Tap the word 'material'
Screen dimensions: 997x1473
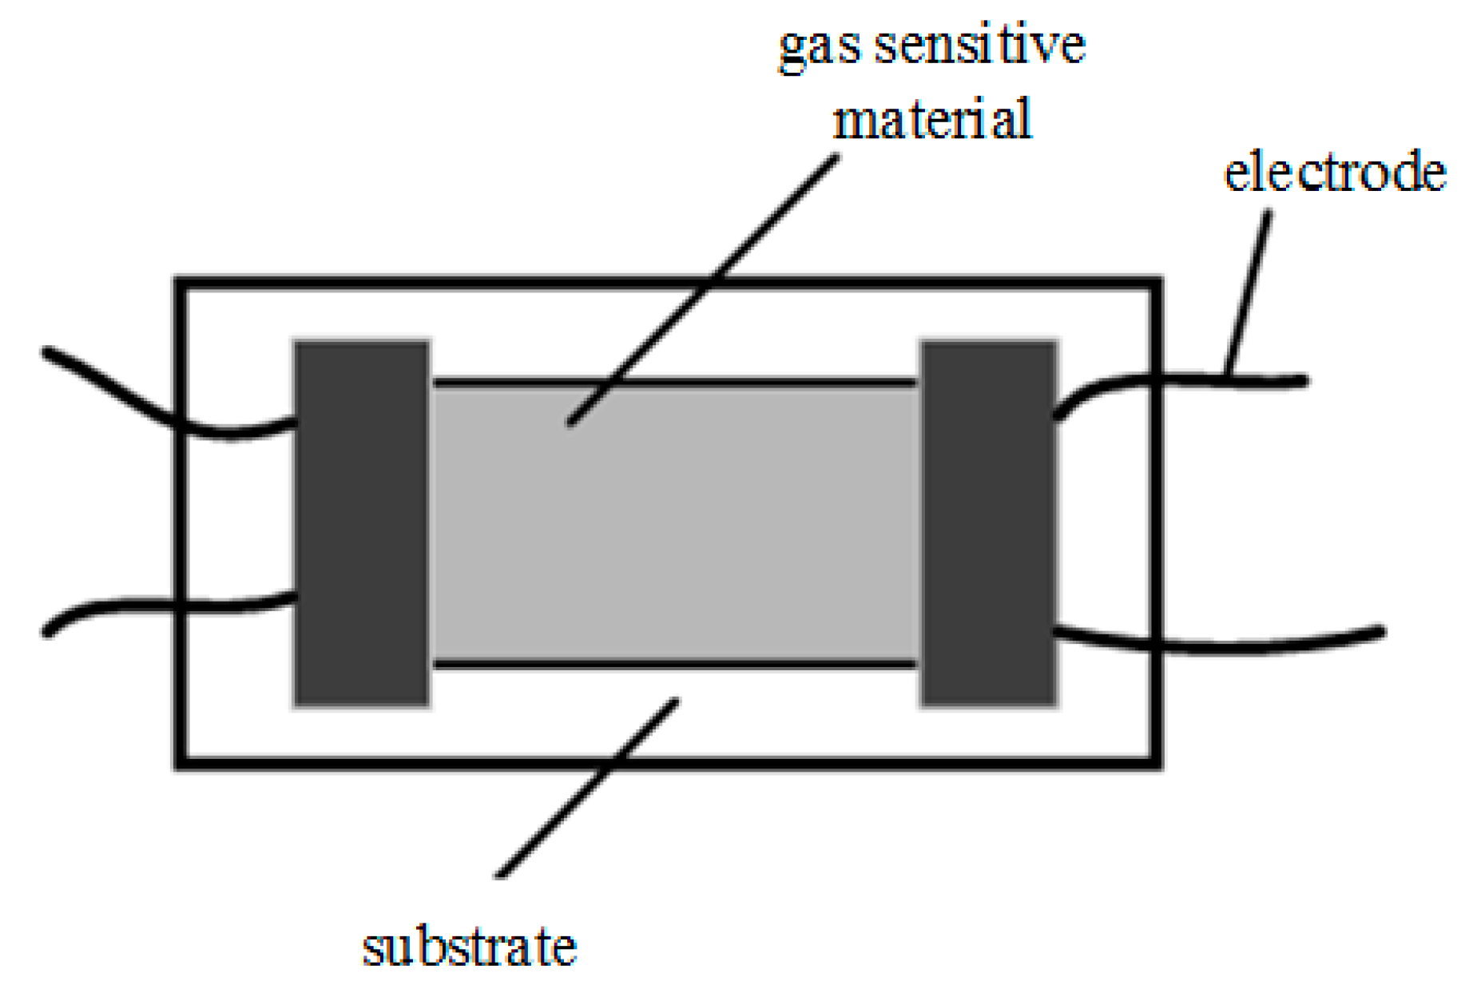click(932, 120)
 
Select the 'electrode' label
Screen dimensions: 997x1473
click(1335, 172)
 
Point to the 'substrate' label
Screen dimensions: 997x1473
click(470, 947)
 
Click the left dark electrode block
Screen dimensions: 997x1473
click(362, 523)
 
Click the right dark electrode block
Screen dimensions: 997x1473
click(989, 523)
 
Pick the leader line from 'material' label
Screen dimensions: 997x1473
click(703, 288)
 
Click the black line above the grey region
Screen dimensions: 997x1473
click(675, 383)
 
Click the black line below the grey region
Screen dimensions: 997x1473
click(675, 664)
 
